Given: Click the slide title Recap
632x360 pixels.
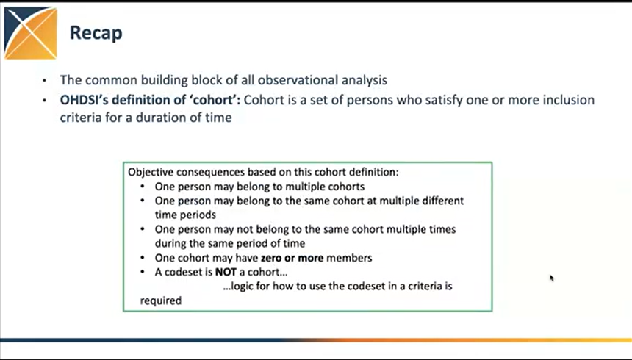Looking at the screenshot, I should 96,33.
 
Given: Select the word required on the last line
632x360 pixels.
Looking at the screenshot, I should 160,300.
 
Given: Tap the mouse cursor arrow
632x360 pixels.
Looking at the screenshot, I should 551,278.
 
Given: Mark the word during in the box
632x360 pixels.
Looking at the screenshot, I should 171,243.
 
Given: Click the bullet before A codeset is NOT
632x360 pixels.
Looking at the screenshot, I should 143,272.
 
